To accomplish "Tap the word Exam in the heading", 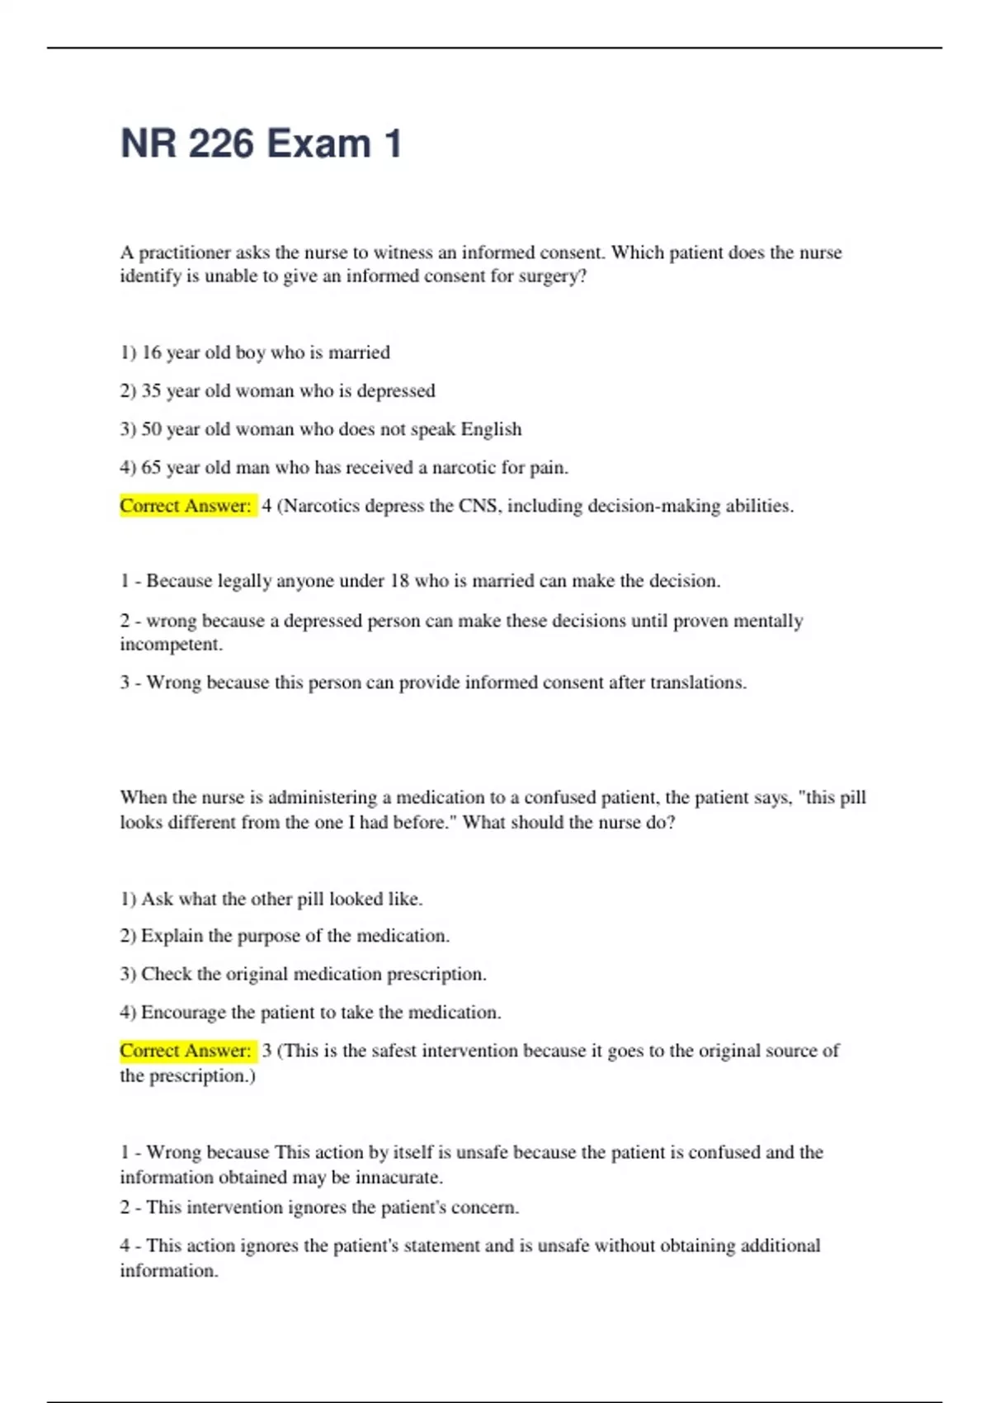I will [318, 144].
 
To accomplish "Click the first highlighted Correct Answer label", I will [186, 506].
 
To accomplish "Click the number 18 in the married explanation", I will [399, 581].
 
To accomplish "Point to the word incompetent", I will [170, 645].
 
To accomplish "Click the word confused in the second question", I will [562, 797].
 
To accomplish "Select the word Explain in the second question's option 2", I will [172, 936].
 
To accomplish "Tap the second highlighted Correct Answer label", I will [186, 1051].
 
